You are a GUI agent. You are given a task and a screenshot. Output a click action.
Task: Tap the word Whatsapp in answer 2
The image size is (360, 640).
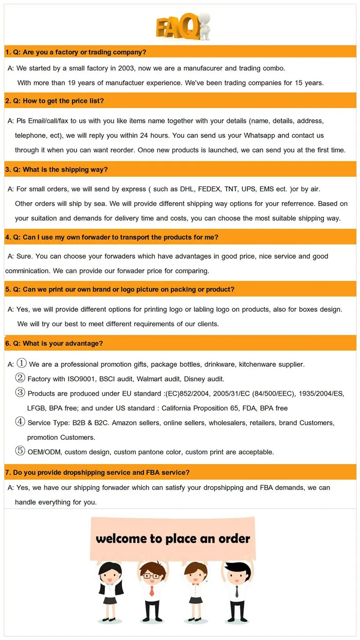pos(260,135)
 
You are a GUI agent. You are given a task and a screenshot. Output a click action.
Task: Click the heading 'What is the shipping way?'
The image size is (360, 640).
pos(65,169)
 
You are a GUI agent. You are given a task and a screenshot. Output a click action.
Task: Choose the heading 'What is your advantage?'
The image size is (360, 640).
pos(63,343)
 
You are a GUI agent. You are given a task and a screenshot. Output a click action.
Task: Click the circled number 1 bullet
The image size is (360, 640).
pos(22,363)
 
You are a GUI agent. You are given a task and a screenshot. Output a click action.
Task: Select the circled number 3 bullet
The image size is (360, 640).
pos(20,393)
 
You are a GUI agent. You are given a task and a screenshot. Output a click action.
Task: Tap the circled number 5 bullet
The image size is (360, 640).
pos(20,451)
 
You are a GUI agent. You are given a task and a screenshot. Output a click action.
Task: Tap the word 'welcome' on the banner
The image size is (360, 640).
pos(121,539)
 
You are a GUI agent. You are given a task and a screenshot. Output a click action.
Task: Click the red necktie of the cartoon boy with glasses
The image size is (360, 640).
pos(151,591)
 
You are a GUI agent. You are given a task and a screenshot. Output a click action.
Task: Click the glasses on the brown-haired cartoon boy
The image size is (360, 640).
pos(151,575)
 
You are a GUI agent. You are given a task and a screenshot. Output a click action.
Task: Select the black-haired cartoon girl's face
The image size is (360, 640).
pos(111,575)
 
